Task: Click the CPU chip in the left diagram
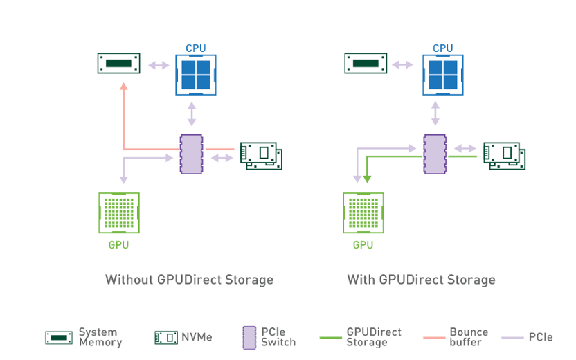click(x=196, y=74)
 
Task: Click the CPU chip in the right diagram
click(x=442, y=74)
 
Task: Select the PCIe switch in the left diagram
click(x=191, y=154)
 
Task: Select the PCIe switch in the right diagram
click(x=435, y=154)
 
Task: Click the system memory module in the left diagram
click(x=118, y=64)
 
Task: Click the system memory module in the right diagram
click(x=366, y=64)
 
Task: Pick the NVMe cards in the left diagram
click(x=261, y=155)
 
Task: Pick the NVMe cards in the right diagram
click(x=504, y=155)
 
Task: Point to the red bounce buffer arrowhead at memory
click(x=123, y=87)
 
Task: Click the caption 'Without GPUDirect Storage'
click(x=189, y=280)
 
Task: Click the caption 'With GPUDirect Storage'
click(x=421, y=280)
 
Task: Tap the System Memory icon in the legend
click(x=59, y=338)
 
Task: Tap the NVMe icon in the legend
click(x=166, y=338)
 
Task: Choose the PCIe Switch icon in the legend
click(x=249, y=338)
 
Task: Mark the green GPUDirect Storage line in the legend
click(x=330, y=338)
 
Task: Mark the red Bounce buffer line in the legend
click(x=433, y=338)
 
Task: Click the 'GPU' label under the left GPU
click(x=118, y=244)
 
